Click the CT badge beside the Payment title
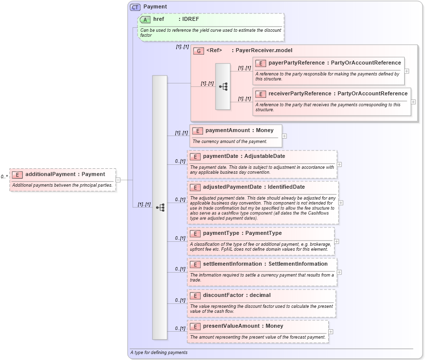click(x=135, y=7)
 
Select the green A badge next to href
click(x=145, y=19)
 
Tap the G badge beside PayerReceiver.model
click(x=199, y=51)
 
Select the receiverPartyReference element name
click(x=300, y=93)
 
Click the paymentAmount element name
click(x=226, y=131)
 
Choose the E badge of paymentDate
click(x=195, y=156)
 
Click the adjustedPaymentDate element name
click(x=232, y=187)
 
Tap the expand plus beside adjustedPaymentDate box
click(x=341, y=203)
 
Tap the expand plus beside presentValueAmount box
click(x=331, y=332)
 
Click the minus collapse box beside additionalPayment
click(x=118, y=180)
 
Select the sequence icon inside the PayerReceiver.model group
click(x=223, y=86)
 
